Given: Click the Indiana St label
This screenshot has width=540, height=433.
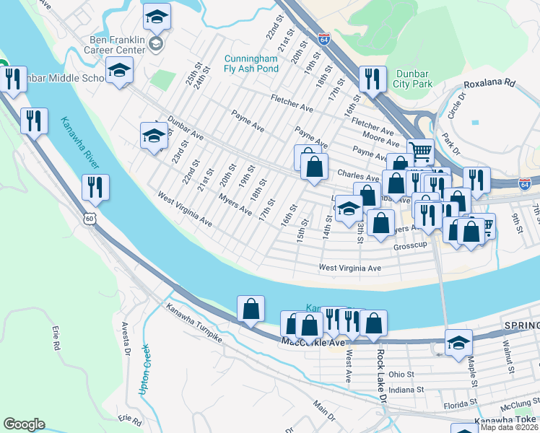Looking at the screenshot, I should pos(405,389).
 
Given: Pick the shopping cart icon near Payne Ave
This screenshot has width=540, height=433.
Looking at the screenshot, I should pos(420,150).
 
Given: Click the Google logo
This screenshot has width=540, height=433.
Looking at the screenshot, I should pos(24,424).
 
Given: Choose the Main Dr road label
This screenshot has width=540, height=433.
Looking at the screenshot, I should pos(323,411).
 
